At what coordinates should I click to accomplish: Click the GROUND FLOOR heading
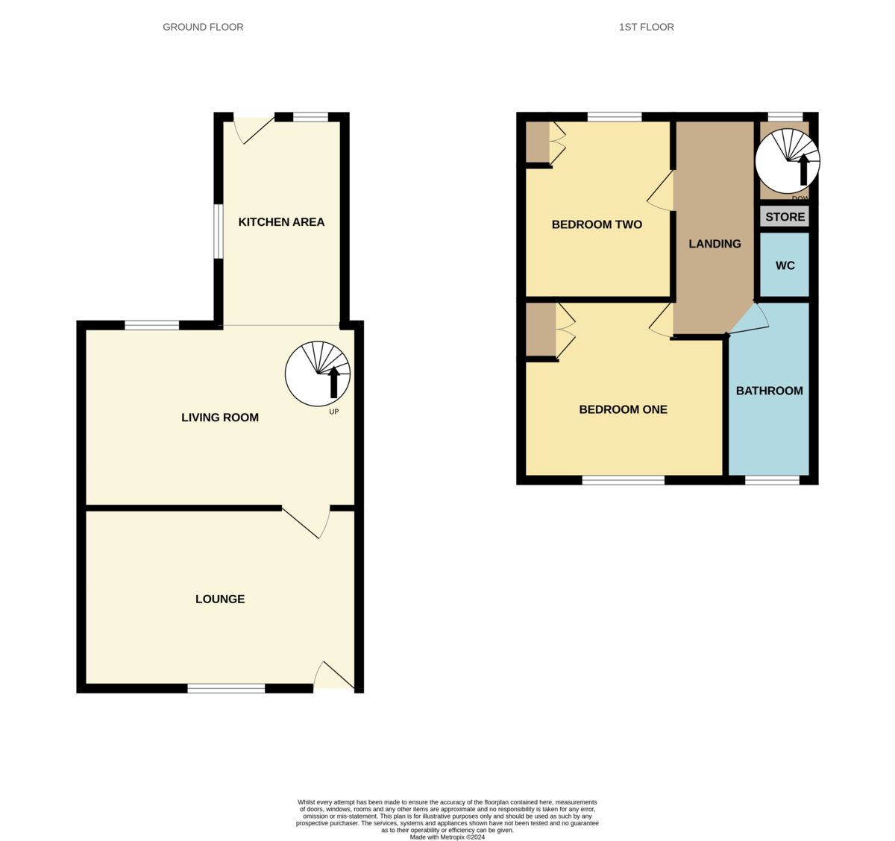click(x=203, y=27)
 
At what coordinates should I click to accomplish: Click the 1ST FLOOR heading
click(x=646, y=27)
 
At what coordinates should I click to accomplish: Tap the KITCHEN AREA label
click(x=281, y=221)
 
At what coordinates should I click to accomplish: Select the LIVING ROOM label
click(x=220, y=418)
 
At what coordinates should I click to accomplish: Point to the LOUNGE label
click(x=220, y=599)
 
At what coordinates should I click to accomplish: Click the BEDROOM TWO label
click(x=597, y=224)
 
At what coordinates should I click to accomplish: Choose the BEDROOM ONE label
click(x=623, y=409)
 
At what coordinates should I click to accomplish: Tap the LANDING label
click(x=715, y=244)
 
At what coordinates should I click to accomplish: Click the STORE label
click(x=785, y=217)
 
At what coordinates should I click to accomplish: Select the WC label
click(x=785, y=265)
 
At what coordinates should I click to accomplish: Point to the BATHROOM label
click(x=769, y=391)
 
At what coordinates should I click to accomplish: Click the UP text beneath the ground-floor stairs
click(x=333, y=412)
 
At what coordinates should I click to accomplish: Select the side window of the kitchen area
click(x=219, y=232)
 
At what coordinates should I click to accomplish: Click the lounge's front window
click(x=226, y=688)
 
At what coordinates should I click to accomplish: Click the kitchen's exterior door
click(x=254, y=129)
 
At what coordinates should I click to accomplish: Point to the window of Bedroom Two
click(x=615, y=116)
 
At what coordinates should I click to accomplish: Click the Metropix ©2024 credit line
click(x=447, y=837)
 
